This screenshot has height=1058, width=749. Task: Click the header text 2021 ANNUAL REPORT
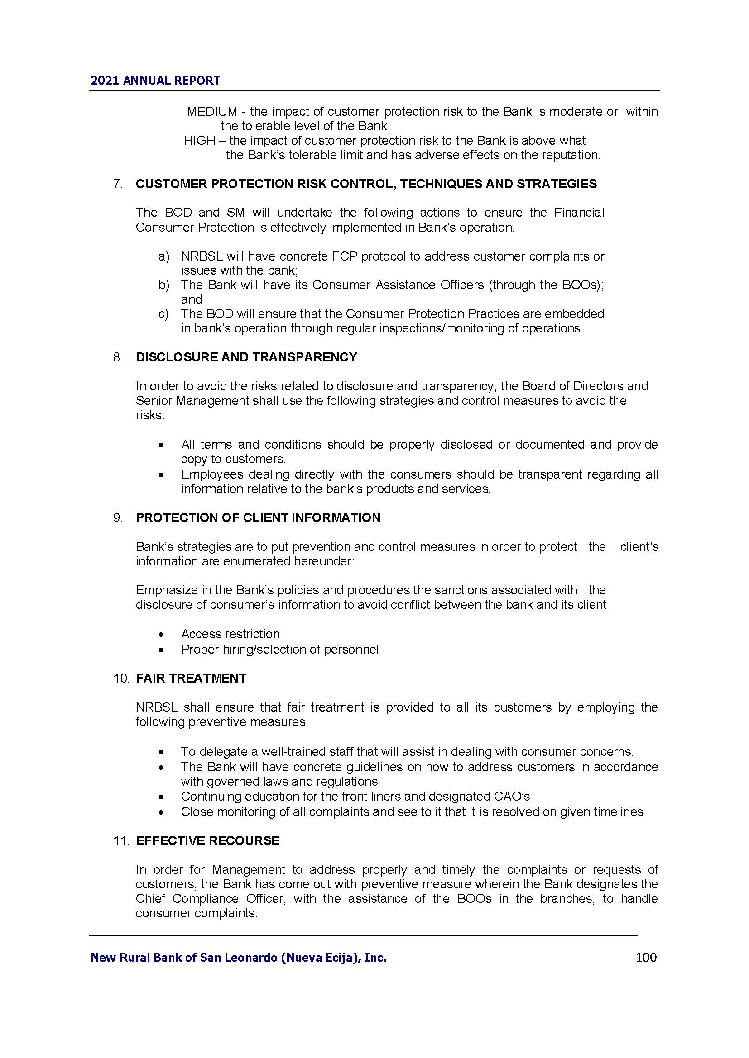[155, 81]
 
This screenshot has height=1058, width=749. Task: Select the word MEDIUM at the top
[211, 112]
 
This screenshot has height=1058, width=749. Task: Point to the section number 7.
[118, 184]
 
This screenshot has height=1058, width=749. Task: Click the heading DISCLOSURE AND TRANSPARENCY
[246, 357]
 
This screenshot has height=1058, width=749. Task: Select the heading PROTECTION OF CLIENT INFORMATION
[258, 518]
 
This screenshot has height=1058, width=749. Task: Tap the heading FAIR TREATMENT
[191, 678]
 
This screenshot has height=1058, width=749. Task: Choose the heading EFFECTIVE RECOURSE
[207, 840]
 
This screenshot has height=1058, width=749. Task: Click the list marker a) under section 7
[164, 256]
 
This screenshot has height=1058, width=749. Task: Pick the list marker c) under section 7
[164, 314]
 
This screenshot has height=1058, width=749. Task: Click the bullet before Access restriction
[161, 635]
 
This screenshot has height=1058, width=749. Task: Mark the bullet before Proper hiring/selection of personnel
[161, 650]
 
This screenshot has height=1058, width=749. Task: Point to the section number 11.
[120, 840]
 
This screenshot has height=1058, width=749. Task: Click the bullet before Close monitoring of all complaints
[161, 812]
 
